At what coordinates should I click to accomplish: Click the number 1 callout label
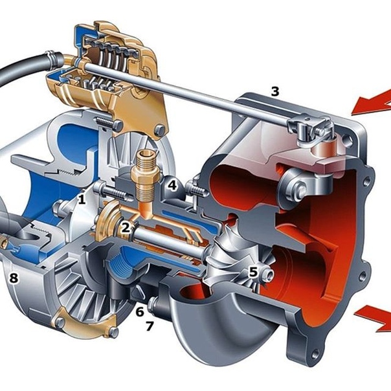82,199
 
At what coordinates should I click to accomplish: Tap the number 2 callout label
126,227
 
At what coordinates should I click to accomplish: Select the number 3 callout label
275,91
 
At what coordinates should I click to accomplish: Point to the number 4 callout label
173,185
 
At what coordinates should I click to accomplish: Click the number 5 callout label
253,271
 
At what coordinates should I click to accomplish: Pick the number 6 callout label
140,311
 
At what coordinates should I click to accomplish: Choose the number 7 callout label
150,326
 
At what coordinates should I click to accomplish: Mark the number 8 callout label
14,278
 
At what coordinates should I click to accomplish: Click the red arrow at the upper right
372,102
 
